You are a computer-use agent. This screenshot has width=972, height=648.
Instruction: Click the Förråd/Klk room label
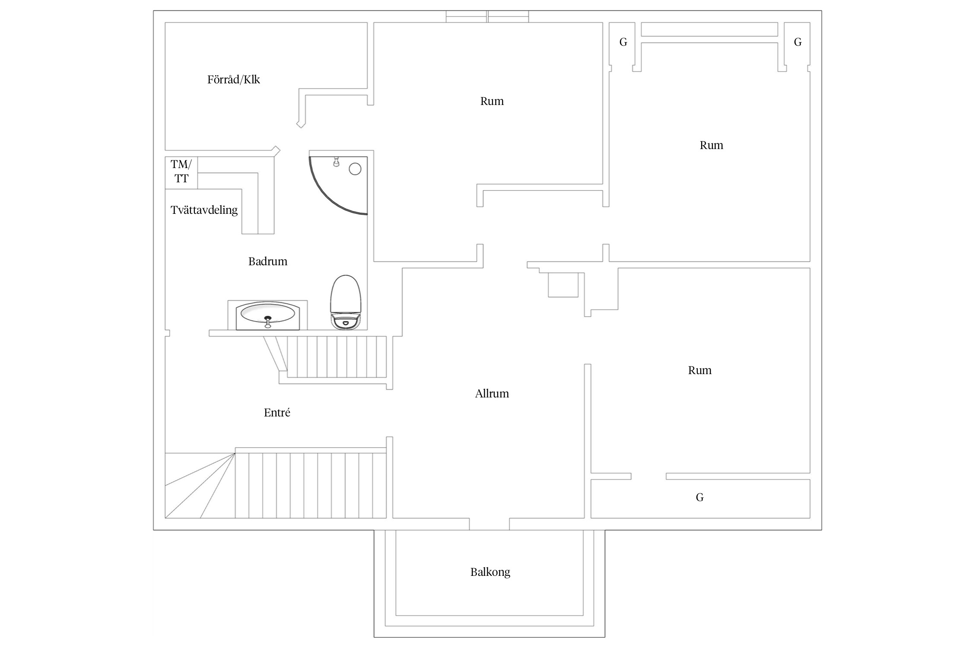tap(233, 79)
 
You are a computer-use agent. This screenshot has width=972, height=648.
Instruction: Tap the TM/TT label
tap(181, 171)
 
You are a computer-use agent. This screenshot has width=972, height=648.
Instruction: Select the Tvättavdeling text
tap(204, 210)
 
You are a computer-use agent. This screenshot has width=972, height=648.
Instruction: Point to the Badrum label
tap(268, 261)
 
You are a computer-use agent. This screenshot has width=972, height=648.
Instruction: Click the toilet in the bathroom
tap(346, 302)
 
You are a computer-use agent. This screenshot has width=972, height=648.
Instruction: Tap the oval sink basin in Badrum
tap(268, 313)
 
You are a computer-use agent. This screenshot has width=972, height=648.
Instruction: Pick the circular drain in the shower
tap(355, 169)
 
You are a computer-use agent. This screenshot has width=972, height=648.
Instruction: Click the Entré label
tap(277, 413)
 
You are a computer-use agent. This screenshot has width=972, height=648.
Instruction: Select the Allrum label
tap(492, 394)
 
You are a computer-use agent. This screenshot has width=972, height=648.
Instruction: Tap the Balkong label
tap(490, 572)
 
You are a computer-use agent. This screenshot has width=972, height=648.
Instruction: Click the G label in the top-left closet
tap(623, 42)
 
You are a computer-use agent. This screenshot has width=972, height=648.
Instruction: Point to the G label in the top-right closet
tap(798, 42)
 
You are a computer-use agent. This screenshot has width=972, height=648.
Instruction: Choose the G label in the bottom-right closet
tap(700, 497)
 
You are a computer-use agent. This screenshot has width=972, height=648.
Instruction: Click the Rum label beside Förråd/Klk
tap(492, 101)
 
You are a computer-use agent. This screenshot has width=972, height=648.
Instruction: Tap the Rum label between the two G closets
tap(712, 145)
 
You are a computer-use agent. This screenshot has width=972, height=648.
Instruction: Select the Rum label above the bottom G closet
tap(700, 370)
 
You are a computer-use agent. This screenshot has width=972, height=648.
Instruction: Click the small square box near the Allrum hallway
tap(563, 285)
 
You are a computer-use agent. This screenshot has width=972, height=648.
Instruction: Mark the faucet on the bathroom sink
tap(268, 322)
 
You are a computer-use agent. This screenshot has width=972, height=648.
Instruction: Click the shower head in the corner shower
tap(336, 162)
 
